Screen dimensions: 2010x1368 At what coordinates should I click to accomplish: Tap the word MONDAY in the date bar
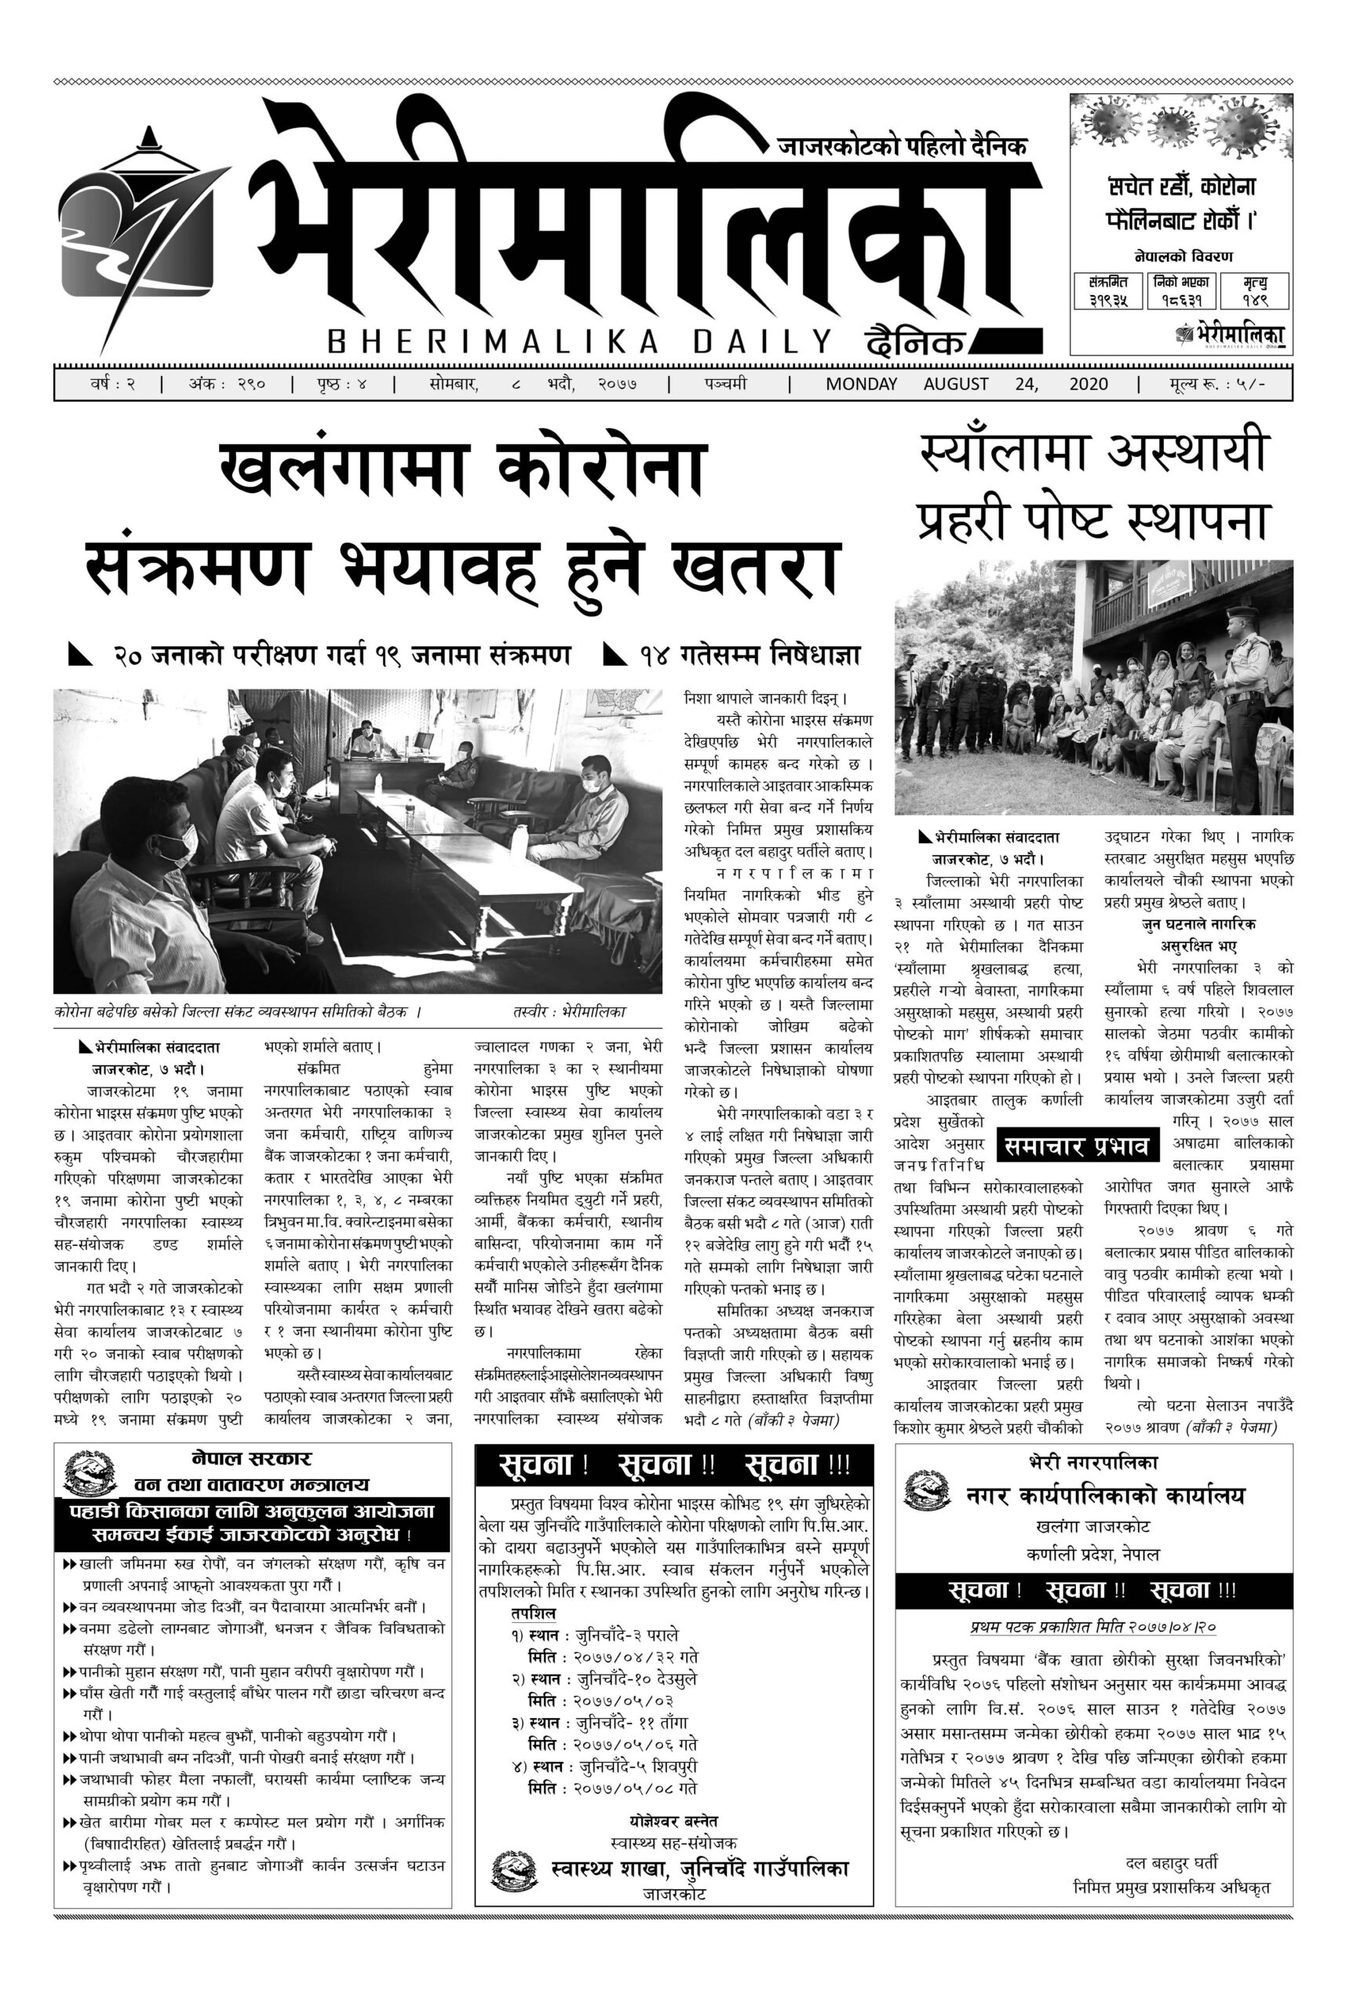point(861,384)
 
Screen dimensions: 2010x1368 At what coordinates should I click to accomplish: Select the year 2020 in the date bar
point(1088,384)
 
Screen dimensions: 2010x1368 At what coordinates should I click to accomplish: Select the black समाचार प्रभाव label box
point(1077,1147)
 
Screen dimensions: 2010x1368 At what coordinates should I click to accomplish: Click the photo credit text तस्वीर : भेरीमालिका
point(568,1011)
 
